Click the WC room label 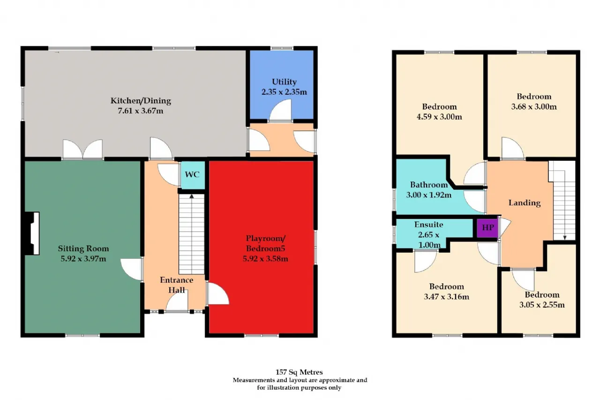(192, 174)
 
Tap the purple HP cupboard (487, 228)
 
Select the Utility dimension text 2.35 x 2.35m (284, 92)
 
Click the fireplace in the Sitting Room (32, 234)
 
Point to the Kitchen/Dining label (141, 101)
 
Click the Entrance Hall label (177, 285)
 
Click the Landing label (525, 203)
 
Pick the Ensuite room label (428, 225)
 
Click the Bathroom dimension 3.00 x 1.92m (428, 195)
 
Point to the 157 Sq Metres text (299, 372)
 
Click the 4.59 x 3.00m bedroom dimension (439, 117)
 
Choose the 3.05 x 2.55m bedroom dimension (542, 305)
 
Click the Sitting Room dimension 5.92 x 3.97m (83, 259)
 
